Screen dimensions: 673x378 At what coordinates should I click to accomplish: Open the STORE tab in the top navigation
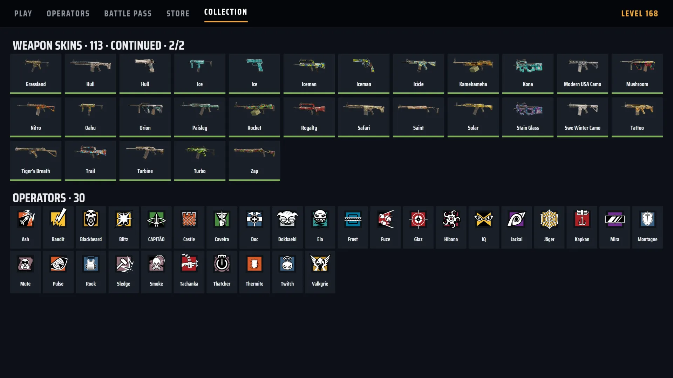178,14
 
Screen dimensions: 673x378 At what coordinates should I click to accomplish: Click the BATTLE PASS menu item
128,14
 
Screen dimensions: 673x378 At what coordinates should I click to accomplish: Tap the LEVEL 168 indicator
639,14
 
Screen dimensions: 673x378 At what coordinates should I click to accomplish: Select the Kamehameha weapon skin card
473,73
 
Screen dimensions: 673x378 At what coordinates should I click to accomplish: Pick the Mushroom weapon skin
637,73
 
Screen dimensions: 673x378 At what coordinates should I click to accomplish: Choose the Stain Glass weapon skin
528,117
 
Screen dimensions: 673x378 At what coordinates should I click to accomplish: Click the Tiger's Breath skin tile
36,161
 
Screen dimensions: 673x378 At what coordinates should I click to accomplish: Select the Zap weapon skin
254,161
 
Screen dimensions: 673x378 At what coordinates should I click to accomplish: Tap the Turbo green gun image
200,153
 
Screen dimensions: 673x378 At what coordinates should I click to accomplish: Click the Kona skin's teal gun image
528,65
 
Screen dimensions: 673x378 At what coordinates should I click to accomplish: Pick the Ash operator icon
26,219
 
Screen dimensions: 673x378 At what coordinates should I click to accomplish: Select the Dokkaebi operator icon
287,219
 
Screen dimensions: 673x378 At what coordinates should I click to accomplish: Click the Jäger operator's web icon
549,219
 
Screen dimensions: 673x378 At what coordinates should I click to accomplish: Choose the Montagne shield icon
647,219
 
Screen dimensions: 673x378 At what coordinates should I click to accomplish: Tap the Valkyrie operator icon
320,263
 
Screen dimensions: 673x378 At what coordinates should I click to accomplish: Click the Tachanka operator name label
189,284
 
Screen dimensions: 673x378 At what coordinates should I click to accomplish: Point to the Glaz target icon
418,219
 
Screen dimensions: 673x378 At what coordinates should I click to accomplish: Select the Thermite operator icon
254,264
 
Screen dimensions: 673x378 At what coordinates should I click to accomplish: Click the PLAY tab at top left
23,14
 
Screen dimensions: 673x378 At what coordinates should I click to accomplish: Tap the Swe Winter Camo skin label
582,128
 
